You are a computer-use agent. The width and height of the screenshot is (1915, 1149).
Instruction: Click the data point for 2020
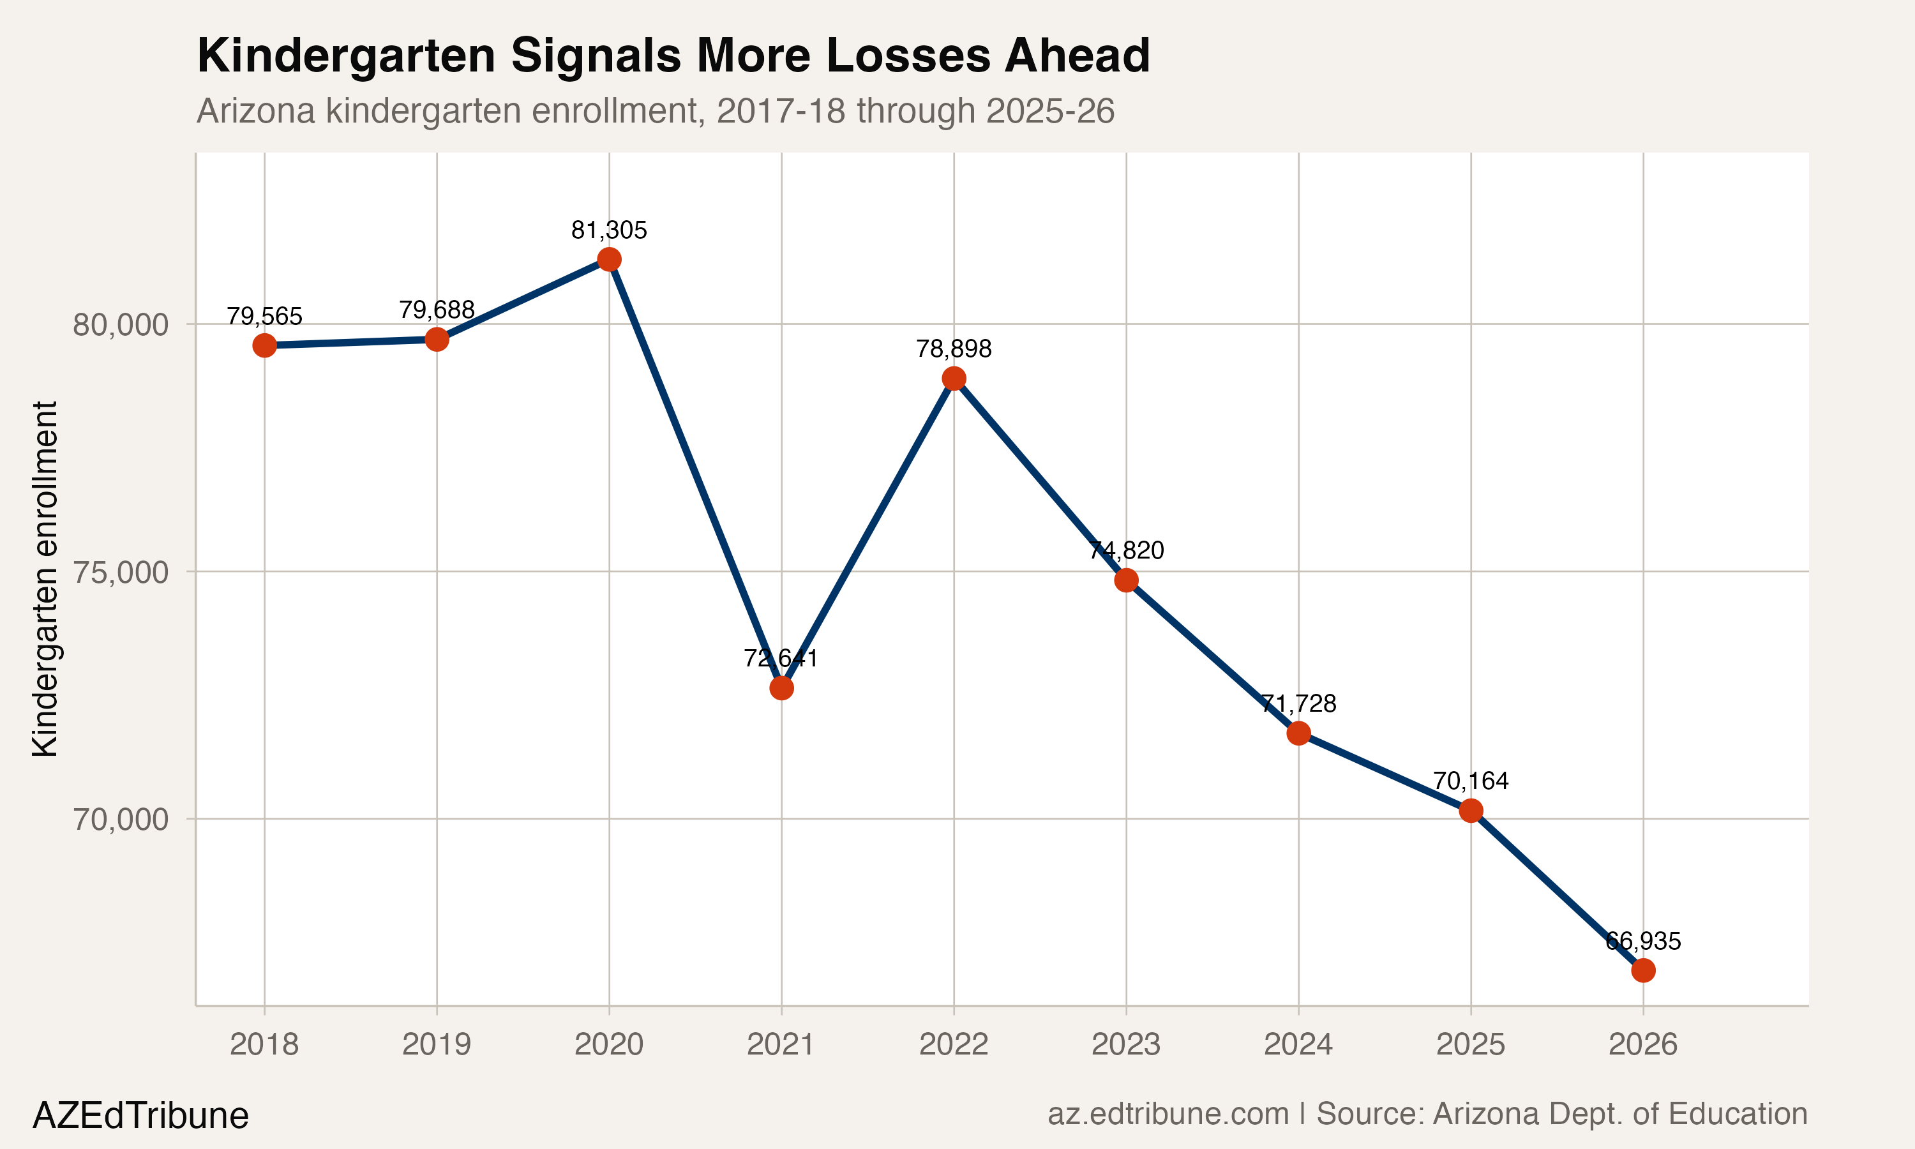[x=609, y=259]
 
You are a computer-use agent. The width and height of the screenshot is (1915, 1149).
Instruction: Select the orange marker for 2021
[x=782, y=687]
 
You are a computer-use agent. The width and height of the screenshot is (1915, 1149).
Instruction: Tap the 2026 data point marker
[x=1643, y=970]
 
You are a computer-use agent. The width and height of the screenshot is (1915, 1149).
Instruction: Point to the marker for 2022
[x=954, y=379]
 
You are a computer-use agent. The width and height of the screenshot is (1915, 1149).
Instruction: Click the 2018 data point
[x=265, y=345]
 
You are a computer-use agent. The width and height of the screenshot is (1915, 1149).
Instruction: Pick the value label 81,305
[x=609, y=230]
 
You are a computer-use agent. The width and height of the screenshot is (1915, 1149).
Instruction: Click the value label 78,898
[x=954, y=349]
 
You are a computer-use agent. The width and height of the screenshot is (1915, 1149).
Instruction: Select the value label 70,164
[x=1471, y=781]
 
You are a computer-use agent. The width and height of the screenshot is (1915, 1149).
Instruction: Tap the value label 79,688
[x=437, y=310]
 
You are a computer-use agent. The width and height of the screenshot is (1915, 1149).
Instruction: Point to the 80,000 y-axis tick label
[x=120, y=324]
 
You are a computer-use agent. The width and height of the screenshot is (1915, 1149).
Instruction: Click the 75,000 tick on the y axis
[x=120, y=572]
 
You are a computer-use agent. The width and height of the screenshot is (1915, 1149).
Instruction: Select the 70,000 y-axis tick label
[x=120, y=819]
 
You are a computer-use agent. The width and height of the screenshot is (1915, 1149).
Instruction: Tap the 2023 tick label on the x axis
[x=1126, y=1044]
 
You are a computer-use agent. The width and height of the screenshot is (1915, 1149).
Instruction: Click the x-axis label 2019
[x=437, y=1044]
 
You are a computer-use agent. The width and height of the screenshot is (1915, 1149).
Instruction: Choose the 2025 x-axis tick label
[x=1471, y=1044]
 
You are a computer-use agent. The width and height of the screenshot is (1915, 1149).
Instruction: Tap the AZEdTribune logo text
[x=140, y=1116]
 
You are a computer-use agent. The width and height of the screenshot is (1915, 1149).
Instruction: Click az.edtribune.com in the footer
[x=1168, y=1114]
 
